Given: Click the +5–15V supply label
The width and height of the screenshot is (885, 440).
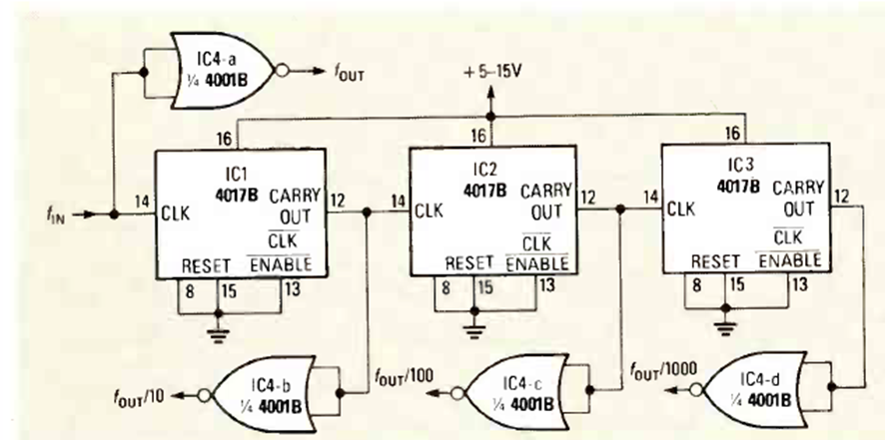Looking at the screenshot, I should (494, 73).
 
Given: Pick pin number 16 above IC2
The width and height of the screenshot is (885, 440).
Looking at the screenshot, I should (476, 135).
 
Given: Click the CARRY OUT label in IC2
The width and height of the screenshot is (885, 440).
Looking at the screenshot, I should (545, 200).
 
